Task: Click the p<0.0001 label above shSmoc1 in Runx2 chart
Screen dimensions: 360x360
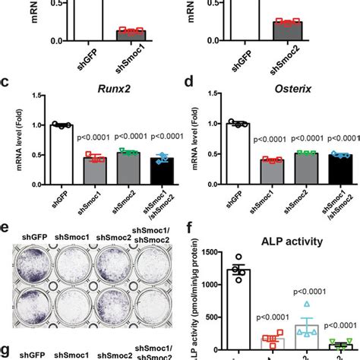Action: tap(93, 137)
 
